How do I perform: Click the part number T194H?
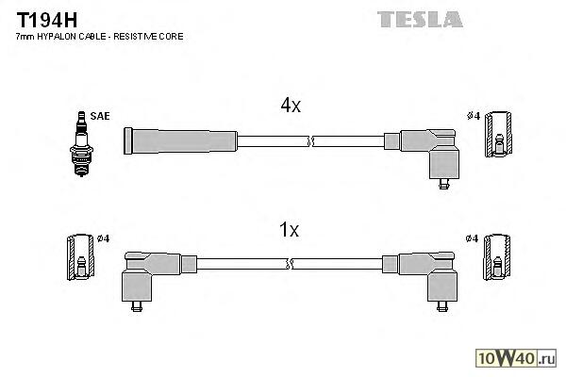(x=43, y=18)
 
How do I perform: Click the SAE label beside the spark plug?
(x=101, y=116)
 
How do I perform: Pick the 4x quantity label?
(x=291, y=107)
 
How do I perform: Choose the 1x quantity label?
(x=291, y=229)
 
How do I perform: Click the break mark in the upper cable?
(x=310, y=141)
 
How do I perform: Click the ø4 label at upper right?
(x=474, y=116)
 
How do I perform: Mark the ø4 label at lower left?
(x=103, y=238)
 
